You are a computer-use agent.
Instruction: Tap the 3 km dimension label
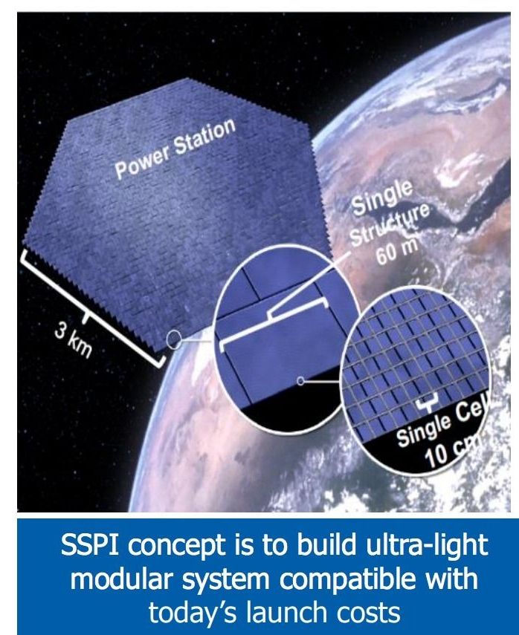click(74, 342)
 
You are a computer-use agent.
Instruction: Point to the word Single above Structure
click(381, 198)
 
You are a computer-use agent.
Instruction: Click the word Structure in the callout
click(390, 224)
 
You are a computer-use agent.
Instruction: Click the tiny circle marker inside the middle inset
click(300, 381)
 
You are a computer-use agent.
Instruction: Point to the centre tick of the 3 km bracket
click(85, 319)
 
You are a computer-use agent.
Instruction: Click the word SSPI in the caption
click(90, 544)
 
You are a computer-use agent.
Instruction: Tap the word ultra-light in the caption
click(426, 545)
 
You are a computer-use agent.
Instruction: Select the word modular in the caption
click(123, 579)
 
